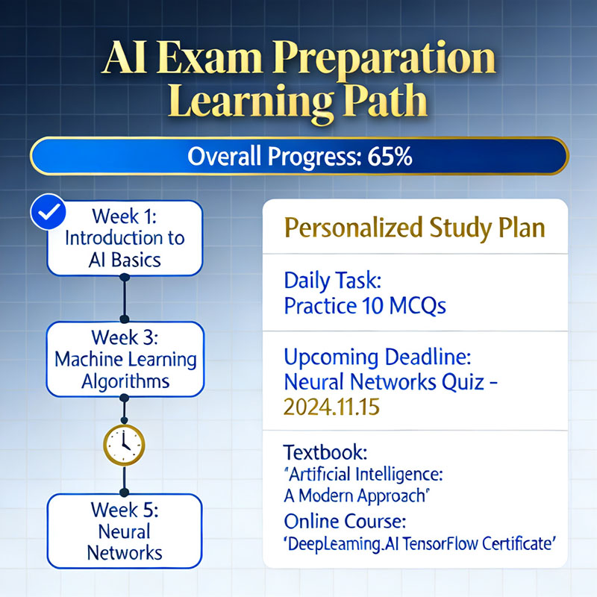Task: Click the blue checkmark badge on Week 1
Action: (x=48, y=212)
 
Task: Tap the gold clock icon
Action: (x=124, y=445)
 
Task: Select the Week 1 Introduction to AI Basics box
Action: (x=125, y=238)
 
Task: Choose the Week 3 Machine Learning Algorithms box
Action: (x=125, y=359)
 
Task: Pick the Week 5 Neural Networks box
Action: (x=125, y=531)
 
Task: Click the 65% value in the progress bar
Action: (x=390, y=157)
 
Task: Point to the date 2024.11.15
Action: (x=331, y=407)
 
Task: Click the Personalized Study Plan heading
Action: (x=415, y=228)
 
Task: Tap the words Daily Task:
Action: (x=332, y=280)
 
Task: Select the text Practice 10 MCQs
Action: (x=365, y=305)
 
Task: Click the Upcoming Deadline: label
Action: (x=378, y=358)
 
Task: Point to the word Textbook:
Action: (x=325, y=452)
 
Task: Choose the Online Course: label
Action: (x=345, y=521)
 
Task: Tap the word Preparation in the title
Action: (x=384, y=59)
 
